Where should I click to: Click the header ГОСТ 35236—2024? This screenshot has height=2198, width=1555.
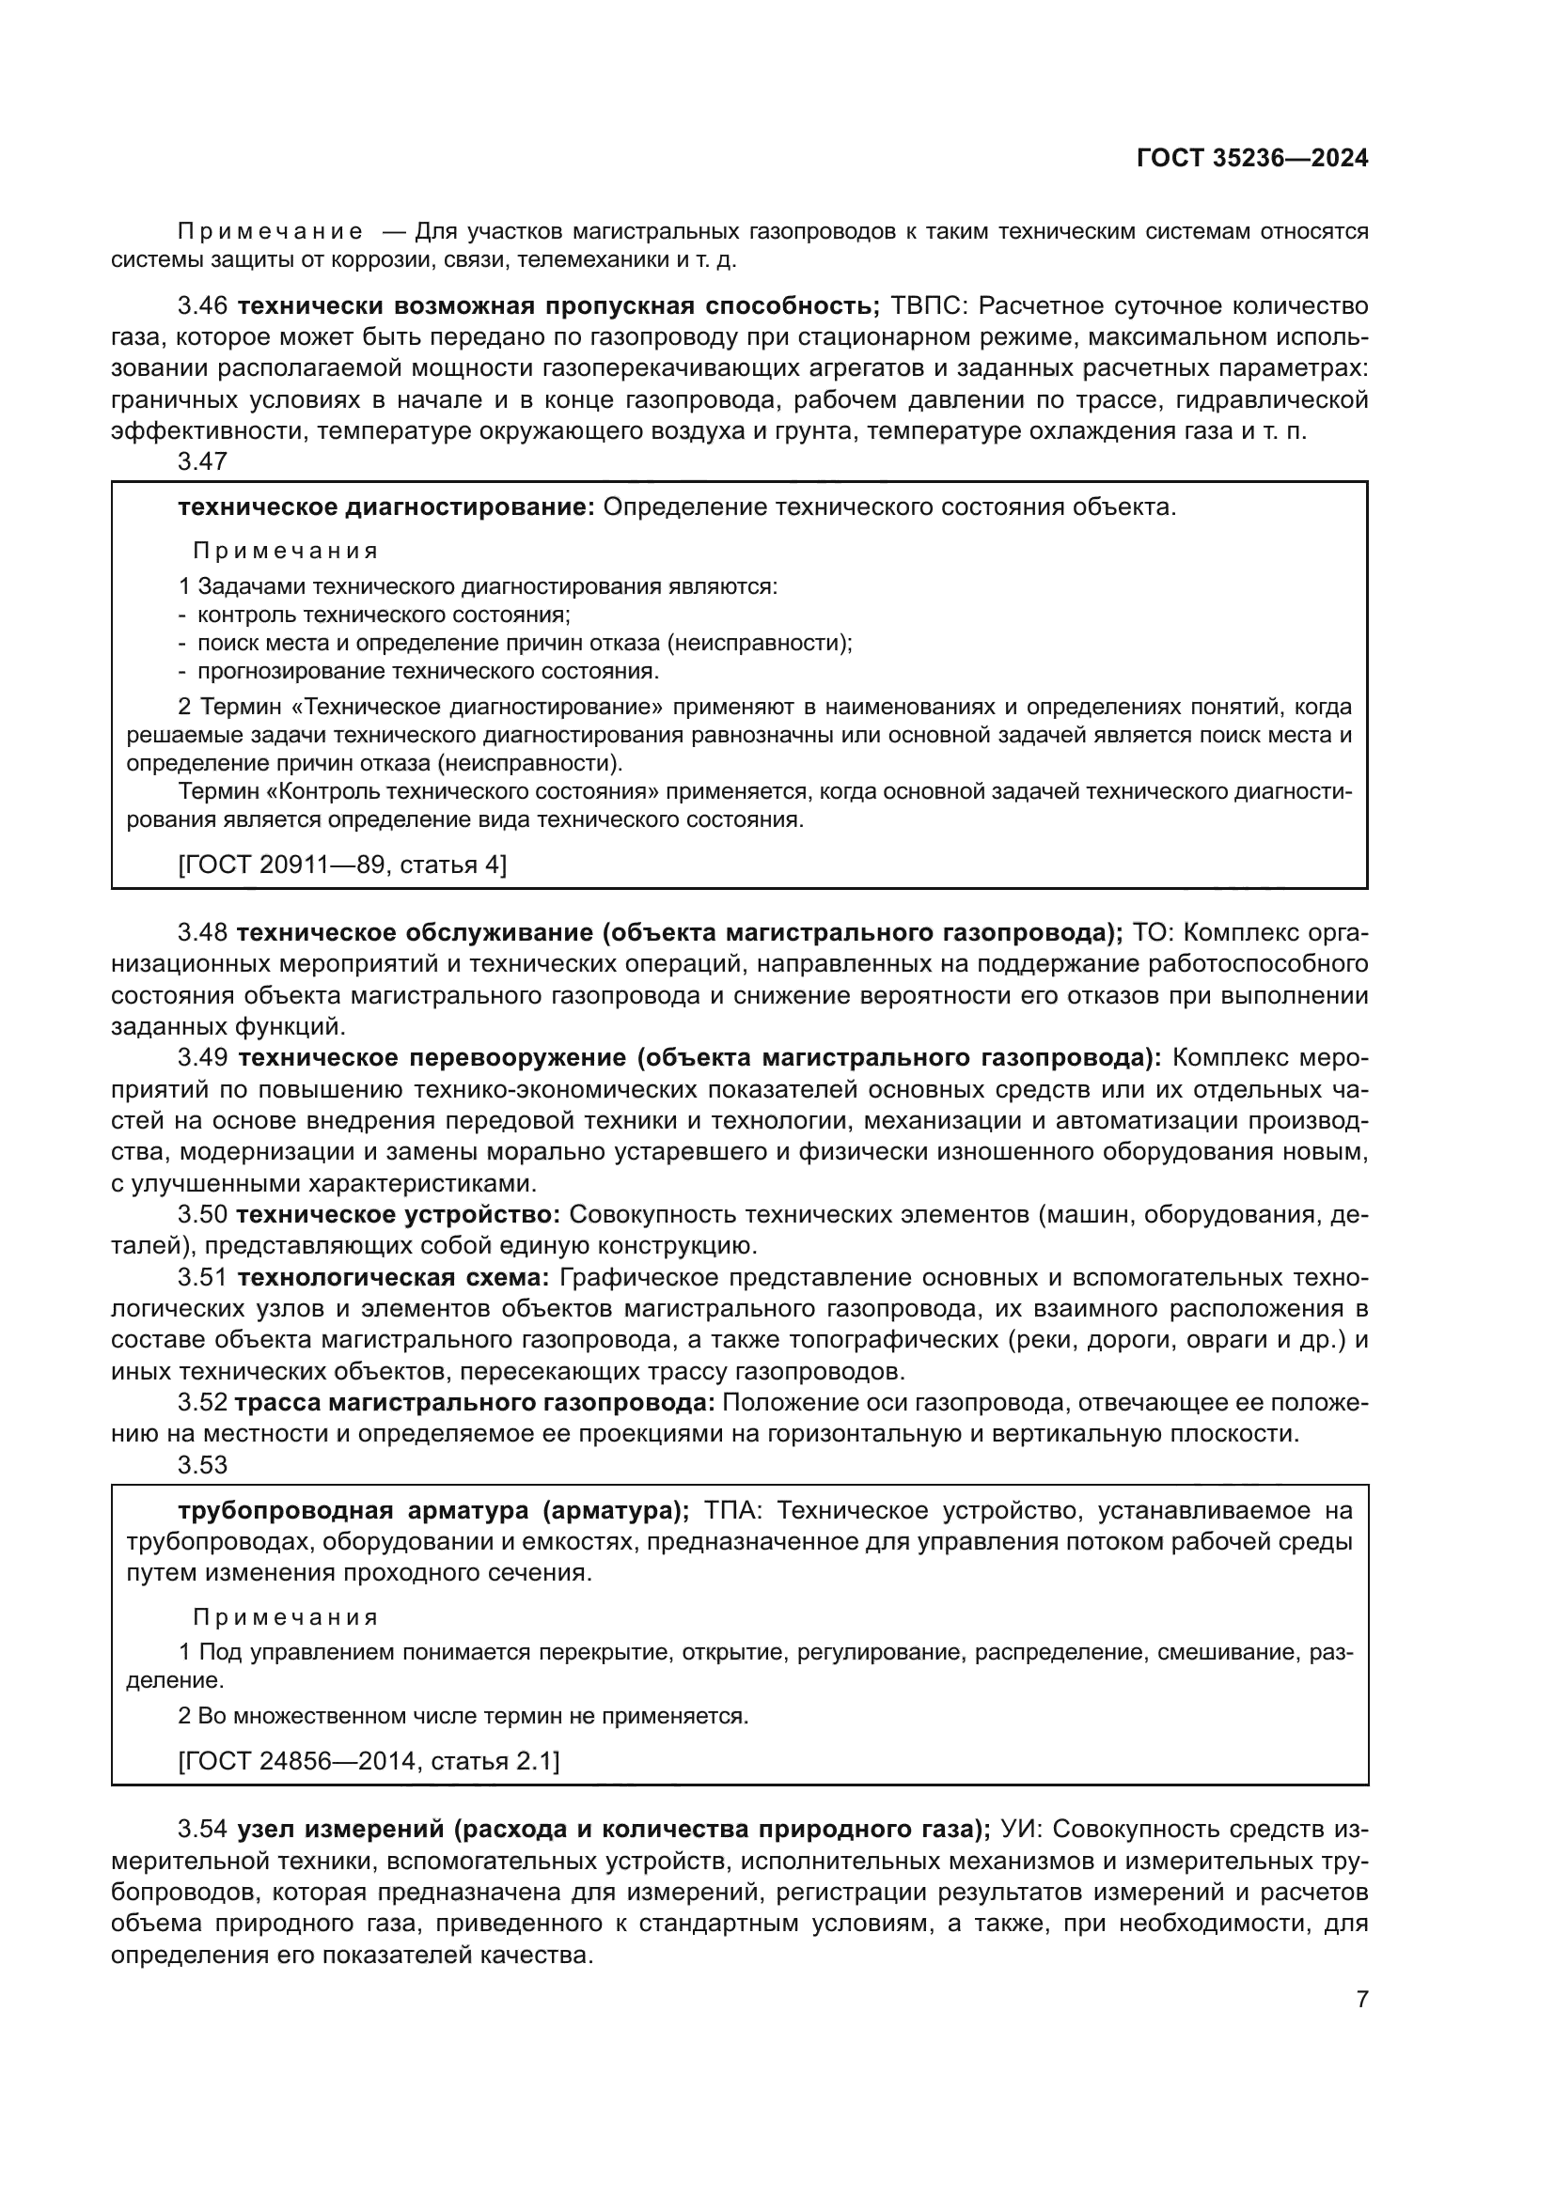coord(1251,159)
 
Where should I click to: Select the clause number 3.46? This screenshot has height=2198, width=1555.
coord(202,306)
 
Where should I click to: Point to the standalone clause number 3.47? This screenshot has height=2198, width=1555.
coord(202,461)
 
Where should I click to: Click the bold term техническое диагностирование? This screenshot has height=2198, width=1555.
coord(386,507)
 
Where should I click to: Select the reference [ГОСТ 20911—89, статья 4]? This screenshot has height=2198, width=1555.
coord(342,865)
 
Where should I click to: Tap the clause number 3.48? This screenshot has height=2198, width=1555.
coord(202,932)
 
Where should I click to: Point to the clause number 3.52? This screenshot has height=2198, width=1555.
coord(202,1403)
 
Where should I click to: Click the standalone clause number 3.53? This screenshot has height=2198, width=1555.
coord(202,1465)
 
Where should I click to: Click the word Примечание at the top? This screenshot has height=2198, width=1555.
coord(269,232)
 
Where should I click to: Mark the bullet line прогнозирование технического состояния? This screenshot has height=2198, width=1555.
coord(428,671)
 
